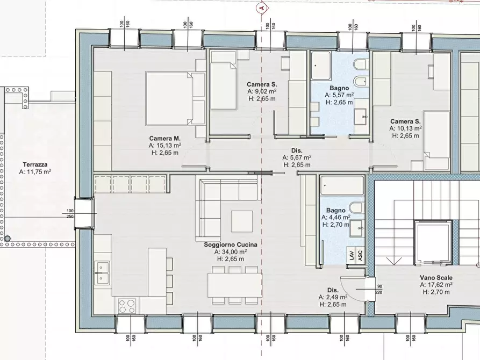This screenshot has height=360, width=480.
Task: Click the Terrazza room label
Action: point(35,165)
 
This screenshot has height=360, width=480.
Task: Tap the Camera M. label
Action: point(164,139)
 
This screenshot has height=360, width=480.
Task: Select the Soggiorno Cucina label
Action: point(231,244)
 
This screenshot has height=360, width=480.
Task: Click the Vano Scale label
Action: point(436,278)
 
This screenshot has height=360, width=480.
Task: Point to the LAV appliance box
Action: point(351,255)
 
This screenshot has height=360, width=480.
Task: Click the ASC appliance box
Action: point(360,255)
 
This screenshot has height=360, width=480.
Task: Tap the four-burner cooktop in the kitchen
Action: point(127,306)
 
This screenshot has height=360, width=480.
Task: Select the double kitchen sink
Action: point(102,272)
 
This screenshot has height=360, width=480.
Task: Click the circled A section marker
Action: point(261,8)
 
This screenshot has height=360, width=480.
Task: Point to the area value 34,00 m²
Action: point(231,252)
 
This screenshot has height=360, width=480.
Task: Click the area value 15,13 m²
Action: point(164,146)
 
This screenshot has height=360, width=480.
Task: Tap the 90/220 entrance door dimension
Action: point(379,289)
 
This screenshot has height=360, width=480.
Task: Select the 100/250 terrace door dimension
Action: point(70,214)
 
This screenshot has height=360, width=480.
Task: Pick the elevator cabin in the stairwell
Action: point(433,243)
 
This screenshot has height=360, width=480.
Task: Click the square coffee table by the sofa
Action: point(242,221)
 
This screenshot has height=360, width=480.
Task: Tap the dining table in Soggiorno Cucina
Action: point(235,285)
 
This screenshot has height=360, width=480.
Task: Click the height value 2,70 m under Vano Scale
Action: point(436,292)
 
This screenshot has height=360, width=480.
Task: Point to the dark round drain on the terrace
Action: point(8,239)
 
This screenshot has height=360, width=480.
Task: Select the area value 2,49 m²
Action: point(333,297)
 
